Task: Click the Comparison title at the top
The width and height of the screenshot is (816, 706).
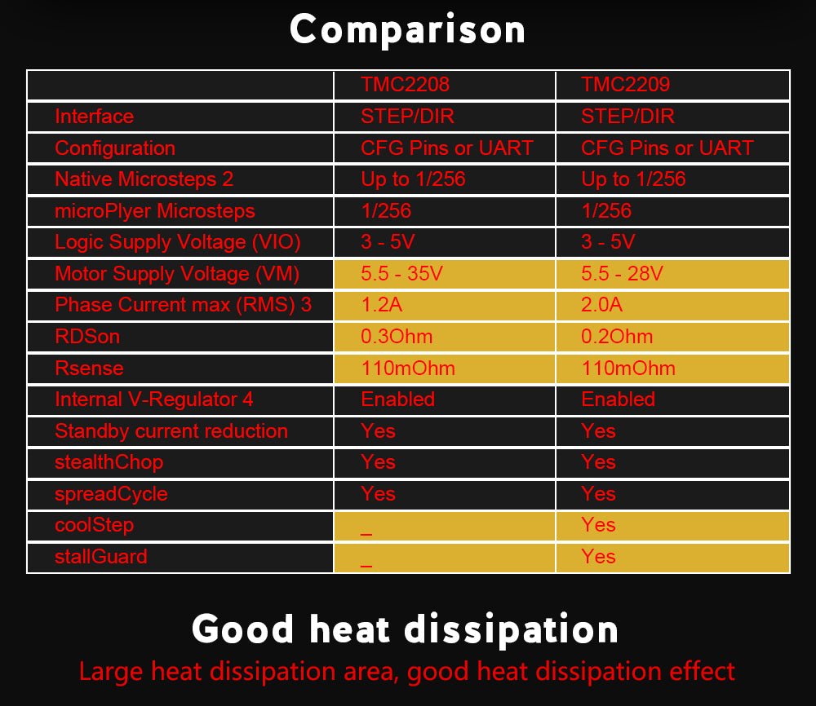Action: (407, 30)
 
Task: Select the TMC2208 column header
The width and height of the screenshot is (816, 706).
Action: (405, 85)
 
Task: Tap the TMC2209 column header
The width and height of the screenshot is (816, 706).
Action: (625, 85)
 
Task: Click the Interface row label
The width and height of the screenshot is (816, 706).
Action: (94, 117)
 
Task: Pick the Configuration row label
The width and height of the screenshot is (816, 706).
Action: (114, 148)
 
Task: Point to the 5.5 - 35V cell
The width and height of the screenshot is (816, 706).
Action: (401, 274)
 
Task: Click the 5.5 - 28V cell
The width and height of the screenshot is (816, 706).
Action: (622, 274)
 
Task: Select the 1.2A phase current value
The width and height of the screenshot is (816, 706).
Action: (382, 305)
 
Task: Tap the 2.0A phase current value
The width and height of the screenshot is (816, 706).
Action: (602, 305)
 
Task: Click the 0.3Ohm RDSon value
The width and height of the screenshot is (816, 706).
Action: (397, 337)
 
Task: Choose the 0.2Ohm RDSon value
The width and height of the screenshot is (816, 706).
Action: (617, 337)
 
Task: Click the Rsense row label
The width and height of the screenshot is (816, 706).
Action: (89, 368)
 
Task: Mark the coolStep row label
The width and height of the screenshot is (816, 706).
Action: (94, 525)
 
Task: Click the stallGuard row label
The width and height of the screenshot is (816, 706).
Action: (101, 557)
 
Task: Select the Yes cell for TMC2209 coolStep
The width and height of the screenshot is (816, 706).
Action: (598, 525)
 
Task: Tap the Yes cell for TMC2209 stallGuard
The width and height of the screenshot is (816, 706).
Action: (598, 557)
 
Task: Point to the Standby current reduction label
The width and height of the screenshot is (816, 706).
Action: (171, 431)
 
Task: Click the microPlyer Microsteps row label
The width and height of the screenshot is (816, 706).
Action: (154, 211)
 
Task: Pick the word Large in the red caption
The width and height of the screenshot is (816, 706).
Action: (111, 672)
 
